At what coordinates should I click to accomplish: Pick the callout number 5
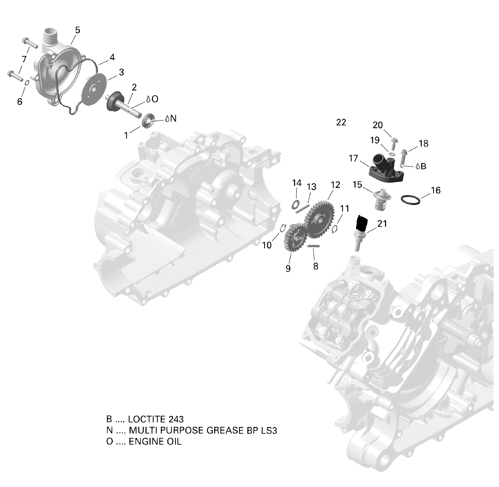pyautogui.click(x=78, y=30)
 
